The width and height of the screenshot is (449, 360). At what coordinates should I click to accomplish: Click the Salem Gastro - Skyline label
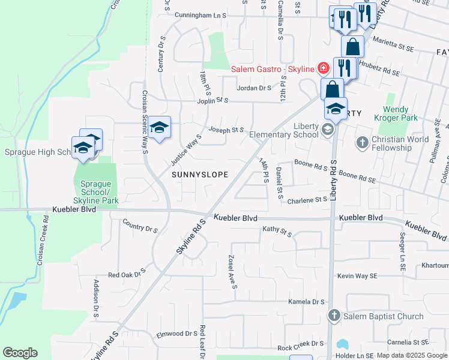pos(273,70)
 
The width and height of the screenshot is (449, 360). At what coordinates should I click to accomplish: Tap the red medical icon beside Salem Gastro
pos(323,68)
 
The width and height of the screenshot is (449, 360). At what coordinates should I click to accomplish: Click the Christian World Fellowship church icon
pos(362,142)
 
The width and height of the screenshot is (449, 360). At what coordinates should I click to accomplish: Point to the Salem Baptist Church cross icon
pos(334,315)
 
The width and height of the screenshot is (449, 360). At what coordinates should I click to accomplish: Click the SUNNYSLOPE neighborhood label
pos(199,175)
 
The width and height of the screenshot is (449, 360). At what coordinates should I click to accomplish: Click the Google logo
pos(20,352)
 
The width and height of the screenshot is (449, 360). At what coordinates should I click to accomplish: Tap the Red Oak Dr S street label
pos(127,275)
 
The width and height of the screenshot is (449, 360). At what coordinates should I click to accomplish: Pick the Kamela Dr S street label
pos(306,302)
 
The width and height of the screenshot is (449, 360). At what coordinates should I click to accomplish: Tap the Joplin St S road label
pos(213,100)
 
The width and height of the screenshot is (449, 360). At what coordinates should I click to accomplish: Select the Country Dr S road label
pos(140,229)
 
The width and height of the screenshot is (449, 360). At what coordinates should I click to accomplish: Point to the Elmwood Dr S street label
pos(177,334)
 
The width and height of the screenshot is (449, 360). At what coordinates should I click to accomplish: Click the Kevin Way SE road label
pos(357,275)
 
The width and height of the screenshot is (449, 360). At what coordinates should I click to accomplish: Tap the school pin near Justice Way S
pos(160,127)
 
